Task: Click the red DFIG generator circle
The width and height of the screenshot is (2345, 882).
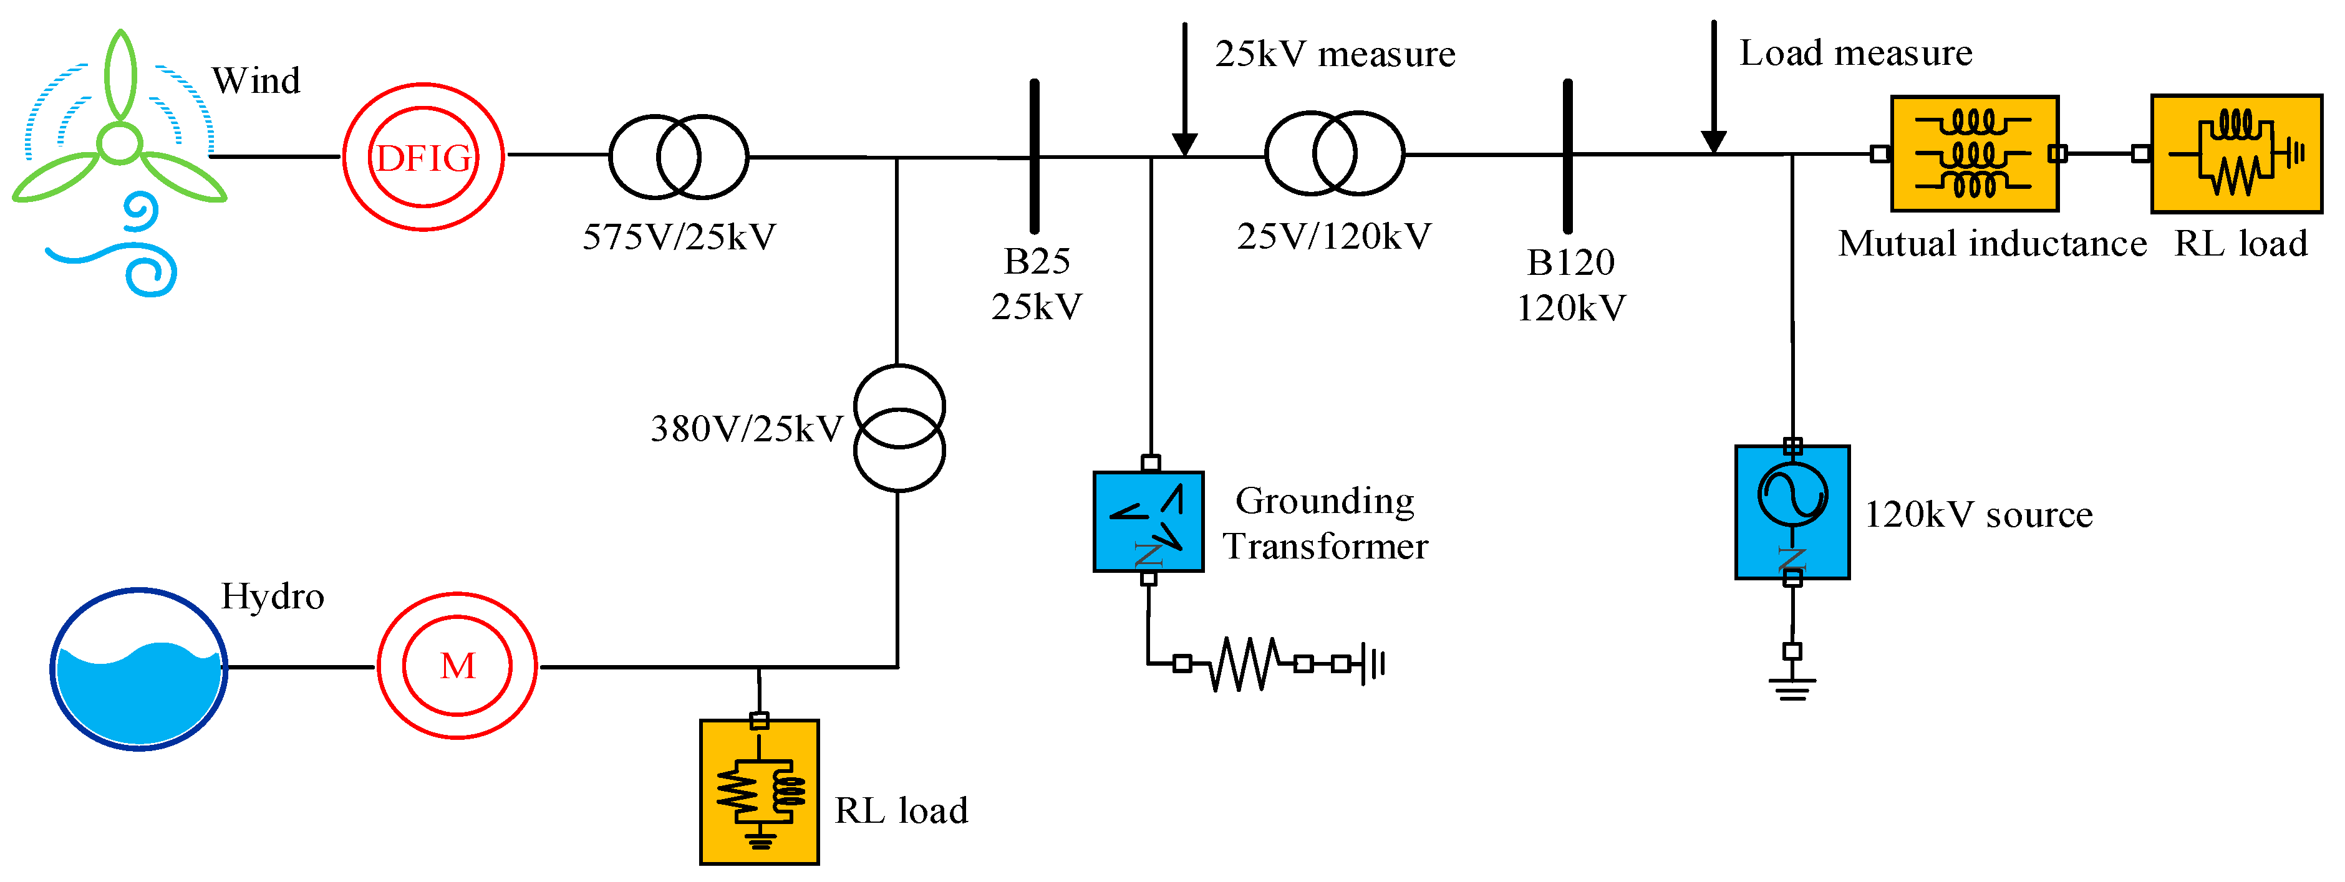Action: (x=423, y=158)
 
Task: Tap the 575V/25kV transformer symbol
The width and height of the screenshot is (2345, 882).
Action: (x=678, y=156)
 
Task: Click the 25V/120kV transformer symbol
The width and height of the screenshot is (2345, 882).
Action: (x=1335, y=153)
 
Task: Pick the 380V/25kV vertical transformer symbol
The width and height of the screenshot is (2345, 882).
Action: (x=899, y=428)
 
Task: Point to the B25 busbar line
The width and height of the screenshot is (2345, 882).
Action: (x=1034, y=156)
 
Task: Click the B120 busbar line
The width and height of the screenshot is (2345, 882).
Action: (x=1567, y=156)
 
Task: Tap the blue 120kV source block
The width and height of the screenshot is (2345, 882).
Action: (x=1792, y=512)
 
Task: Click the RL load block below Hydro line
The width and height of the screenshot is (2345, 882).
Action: (x=759, y=791)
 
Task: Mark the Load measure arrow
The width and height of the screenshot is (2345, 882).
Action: (x=1713, y=87)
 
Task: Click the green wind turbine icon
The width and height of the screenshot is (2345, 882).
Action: (x=119, y=137)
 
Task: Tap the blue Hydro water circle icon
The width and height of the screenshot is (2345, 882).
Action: (x=138, y=669)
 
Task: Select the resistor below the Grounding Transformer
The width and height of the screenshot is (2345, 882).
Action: (x=1244, y=664)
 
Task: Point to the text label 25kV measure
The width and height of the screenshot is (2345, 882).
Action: (x=1335, y=55)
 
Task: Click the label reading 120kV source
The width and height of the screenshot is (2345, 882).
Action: (x=1978, y=515)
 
